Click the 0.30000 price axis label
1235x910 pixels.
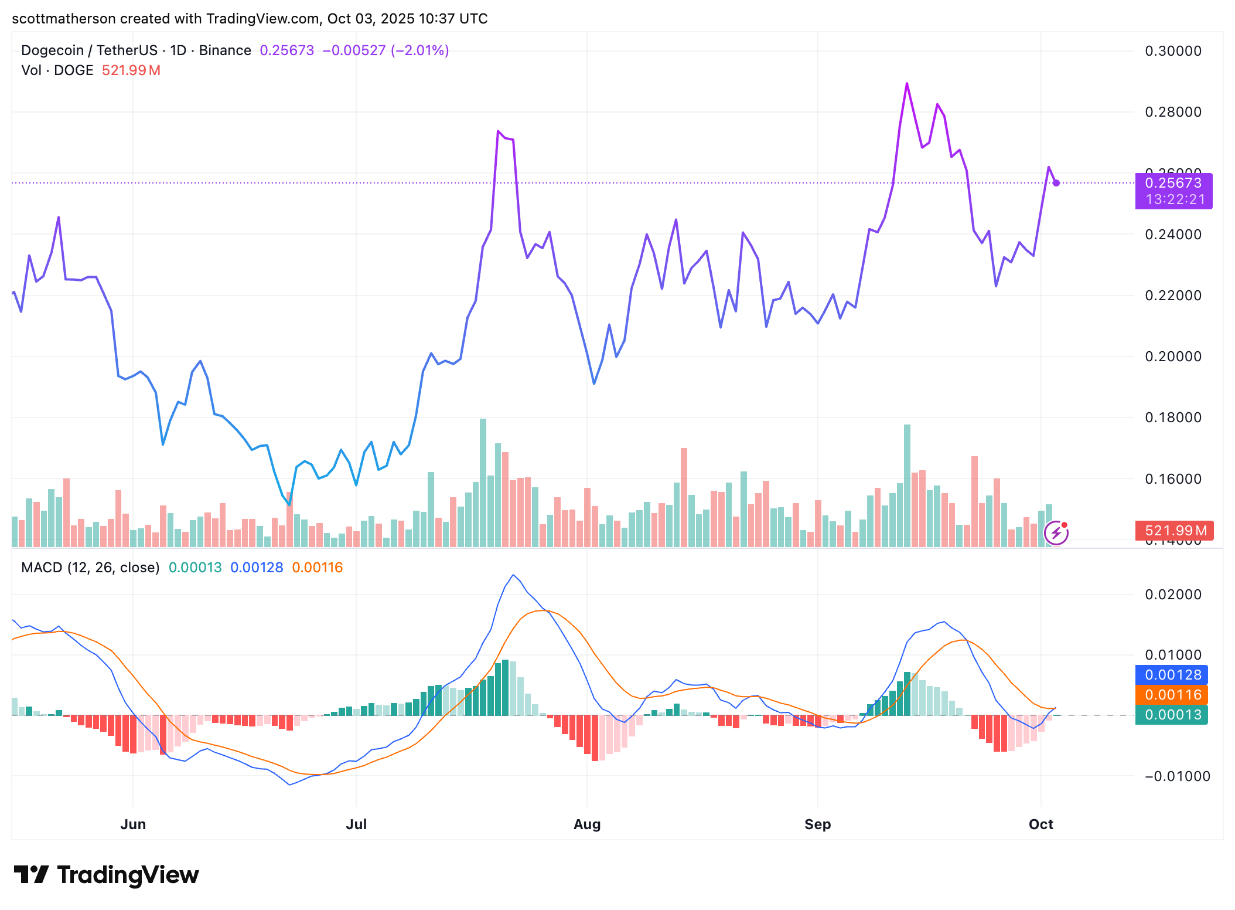click(1173, 51)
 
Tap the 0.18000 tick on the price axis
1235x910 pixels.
click(1173, 417)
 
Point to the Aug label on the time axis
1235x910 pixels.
click(587, 824)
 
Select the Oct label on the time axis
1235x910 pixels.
click(1040, 824)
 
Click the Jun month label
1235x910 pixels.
click(133, 824)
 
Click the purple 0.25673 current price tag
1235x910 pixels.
click(1173, 184)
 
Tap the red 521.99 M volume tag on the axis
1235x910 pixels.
click(1174, 531)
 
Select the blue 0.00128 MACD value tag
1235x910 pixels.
click(1172, 675)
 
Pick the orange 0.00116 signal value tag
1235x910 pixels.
click(1172, 695)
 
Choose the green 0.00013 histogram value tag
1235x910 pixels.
click(1172, 715)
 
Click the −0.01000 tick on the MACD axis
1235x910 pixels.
click(1176, 776)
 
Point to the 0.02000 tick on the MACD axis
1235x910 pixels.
click(1173, 595)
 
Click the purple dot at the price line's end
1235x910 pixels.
click(1056, 183)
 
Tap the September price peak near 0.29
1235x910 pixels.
click(907, 84)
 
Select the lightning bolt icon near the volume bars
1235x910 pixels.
click(1056, 533)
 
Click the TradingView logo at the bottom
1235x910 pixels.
click(107, 875)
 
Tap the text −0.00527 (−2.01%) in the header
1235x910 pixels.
click(385, 50)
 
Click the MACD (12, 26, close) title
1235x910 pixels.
click(90, 568)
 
